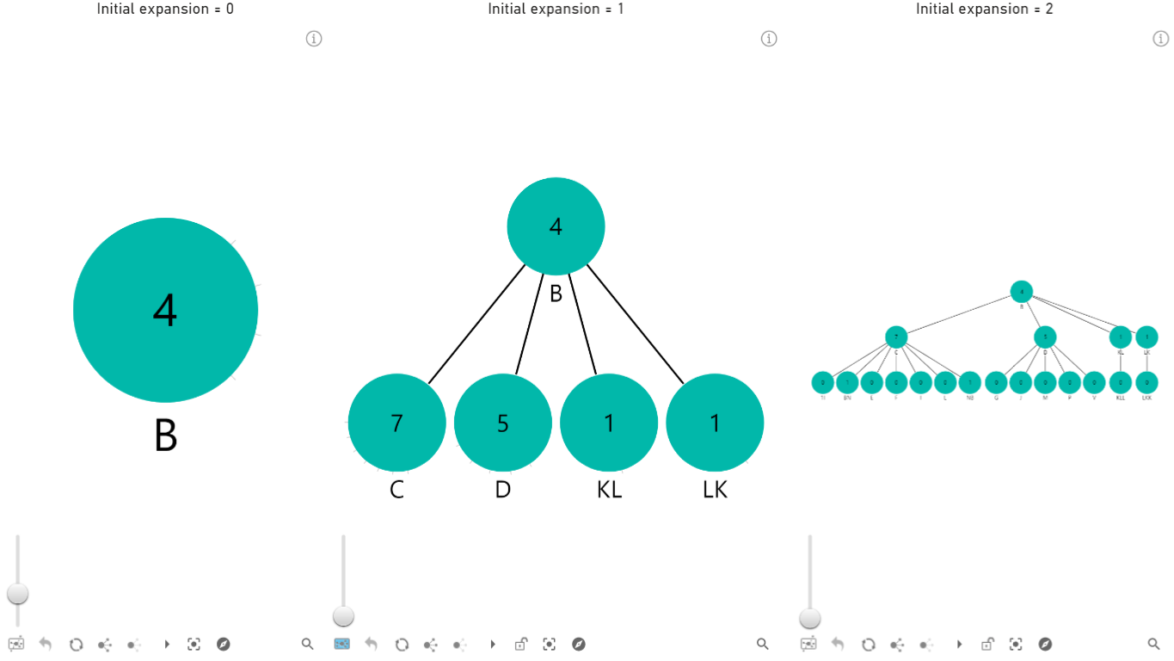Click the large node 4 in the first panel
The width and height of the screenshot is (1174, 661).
pyautogui.click(x=165, y=310)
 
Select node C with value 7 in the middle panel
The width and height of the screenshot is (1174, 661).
pyautogui.click(x=396, y=423)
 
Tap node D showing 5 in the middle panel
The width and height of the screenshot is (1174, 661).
pyautogui.click(x=502, y=423)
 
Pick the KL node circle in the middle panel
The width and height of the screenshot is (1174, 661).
pyautogui.click(x=609, y=423)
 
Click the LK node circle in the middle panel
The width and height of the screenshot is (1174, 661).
pyautogui.click(x=715, y=423)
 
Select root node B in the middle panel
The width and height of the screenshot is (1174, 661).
pyautogui.click(x=556, y=226)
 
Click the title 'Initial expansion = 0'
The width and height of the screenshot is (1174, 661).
pyautogui.click(x=165, y=9)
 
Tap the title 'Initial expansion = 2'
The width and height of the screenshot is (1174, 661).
pyautogui.click(x=984, y=9)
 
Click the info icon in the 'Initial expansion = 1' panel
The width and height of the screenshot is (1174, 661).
pyautogui.click(x=769, y=39)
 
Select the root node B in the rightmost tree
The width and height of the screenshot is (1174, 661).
pyautogui.click(x=1021, y=292)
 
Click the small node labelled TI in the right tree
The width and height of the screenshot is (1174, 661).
pyautogui.click(x=823, y=382)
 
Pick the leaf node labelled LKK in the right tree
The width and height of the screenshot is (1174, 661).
pyautogui.click(x=1146, y=382)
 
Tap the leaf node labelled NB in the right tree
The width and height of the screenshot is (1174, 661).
pyautogui.click(x=969, y=382)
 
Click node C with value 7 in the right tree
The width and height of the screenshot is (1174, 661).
pyautogui.click(x=896, y=337)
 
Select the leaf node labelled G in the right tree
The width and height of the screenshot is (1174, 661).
pyautogui.click(x=996, y=382)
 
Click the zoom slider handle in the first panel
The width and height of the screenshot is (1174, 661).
pyautogui.click(x=17, y=594)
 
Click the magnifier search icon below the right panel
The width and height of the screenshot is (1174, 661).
pyautogui.click(x=1154, y=644)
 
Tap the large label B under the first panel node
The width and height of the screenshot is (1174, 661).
pyautogui.click(x=165, y=436)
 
